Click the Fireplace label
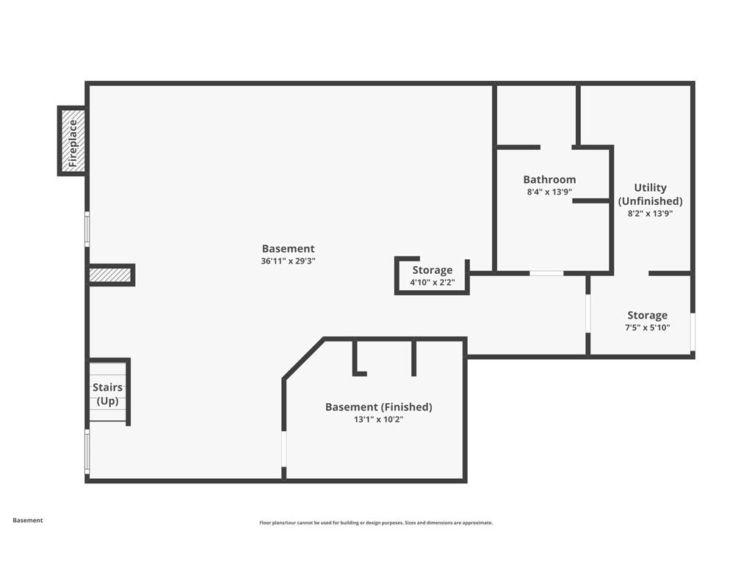(73, 143)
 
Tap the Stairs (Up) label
(107, 394)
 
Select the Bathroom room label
(549, 179)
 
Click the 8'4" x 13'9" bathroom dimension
(549, 192)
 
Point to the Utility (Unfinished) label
(651, 194)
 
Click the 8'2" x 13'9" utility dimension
(651, 214)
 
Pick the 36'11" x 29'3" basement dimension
(288, 261)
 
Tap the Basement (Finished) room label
(379, 407)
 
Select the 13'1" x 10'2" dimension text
(379, 419)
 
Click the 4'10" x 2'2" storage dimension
(433, 283)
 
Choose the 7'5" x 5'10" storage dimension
(648, 328)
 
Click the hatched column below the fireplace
(110, 275)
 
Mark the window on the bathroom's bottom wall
(546, 273)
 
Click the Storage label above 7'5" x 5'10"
(648, 315)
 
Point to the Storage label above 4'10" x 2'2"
(433, 270)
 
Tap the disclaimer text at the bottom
(376, 523)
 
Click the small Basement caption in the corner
(28, 521)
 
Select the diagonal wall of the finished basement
(303, 359)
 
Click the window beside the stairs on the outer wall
(87, 452)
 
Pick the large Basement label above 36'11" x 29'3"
(288, 248)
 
